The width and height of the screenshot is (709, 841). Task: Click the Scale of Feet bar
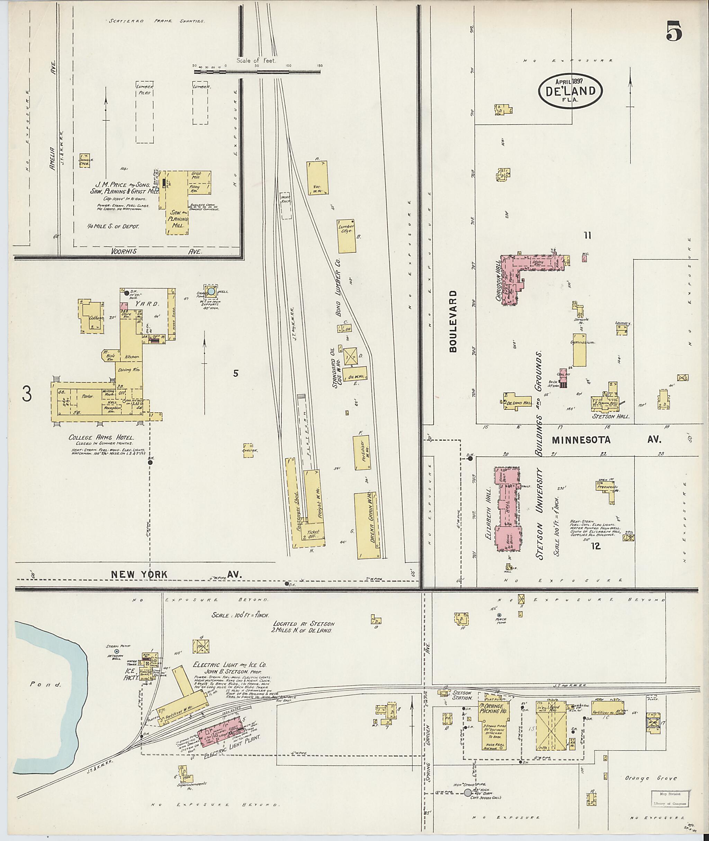(257, 72)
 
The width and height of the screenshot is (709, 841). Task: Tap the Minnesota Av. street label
(607, 440)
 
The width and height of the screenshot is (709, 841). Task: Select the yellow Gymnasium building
(579, 350)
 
